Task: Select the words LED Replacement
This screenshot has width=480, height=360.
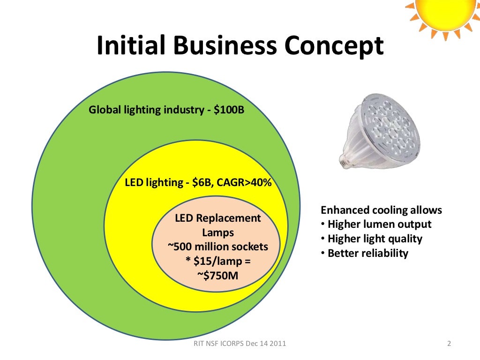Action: click(217, 218)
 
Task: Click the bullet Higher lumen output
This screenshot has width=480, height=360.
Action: click(379, 224)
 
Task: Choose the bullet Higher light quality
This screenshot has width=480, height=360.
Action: click(375, 239)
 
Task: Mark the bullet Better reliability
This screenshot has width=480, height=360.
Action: click(367, 253)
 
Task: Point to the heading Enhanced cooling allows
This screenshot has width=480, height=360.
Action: click(381, 210)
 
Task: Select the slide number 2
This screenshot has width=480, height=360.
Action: click(449, 344)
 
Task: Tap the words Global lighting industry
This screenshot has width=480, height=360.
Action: click(146, 111)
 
